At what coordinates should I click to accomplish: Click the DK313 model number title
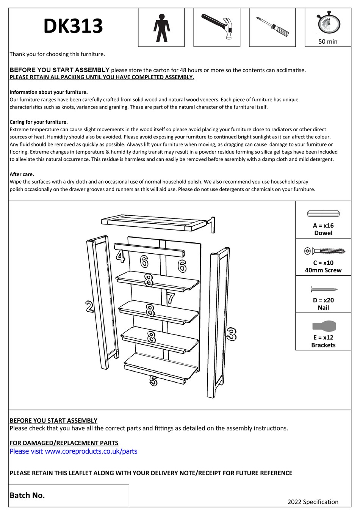(73, 26)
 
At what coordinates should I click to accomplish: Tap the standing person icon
(162, 28)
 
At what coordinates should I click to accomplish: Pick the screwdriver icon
(272, 27)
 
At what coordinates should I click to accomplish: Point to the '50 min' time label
(328, 42)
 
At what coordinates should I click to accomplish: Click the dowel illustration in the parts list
(323, 214)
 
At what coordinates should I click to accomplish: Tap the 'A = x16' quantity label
(323, 226)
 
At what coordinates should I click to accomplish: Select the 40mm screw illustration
(325, 251)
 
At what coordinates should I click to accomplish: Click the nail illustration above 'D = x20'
(324, 289)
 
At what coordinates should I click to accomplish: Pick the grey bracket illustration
(324, 326)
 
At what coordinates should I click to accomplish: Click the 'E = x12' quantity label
(323, 338)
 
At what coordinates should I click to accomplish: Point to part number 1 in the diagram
(213, 225)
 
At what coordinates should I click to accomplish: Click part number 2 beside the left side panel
(89, 306)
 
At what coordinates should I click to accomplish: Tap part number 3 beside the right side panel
(231, 334)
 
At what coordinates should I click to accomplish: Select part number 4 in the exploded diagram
(121, 256)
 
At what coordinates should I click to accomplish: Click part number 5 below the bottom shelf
(153, 380)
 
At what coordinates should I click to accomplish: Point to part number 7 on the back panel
(171, 298)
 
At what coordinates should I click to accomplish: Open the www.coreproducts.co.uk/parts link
(91, 451)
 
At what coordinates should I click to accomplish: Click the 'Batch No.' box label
(27, 495)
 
